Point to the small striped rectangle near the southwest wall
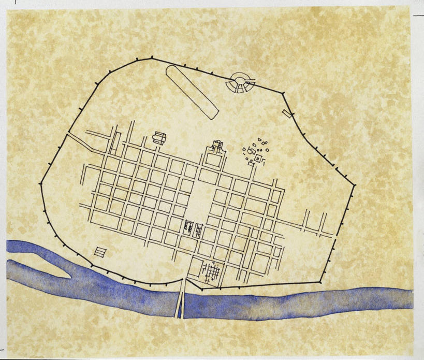(100, 252)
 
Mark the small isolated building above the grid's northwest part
(158, 138)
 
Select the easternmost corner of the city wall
(355, 185)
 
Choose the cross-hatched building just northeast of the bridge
(211, 271)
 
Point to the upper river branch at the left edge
(21, 247)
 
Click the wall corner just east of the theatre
(283, 93)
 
